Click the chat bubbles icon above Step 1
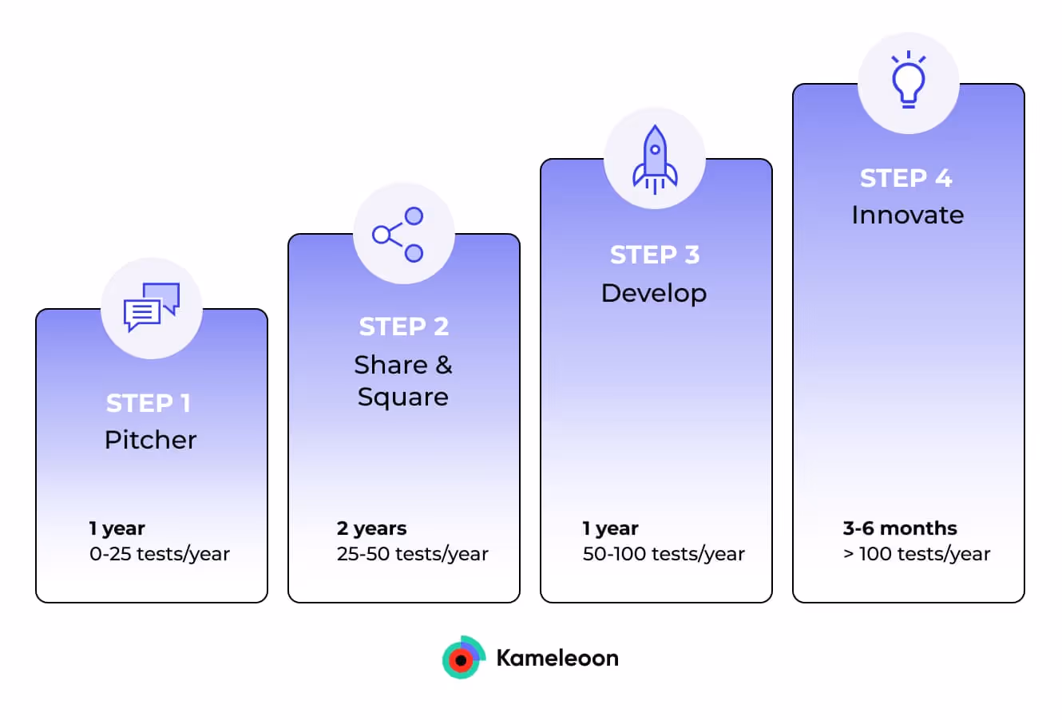(x=152, y=307)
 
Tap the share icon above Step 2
(x=398, y=235)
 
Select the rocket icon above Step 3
(x=655, y=160)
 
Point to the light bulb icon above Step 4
(x=908, y=81)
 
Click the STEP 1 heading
(x=149, y=403)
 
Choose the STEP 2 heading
(x=403, y=326)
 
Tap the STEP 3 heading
(x=655, y=255)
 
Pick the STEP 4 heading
(x=906, y=178)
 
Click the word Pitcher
(x=150, y=440)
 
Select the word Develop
(x=654, y=293)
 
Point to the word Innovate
(x=907, y=215)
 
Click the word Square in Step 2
(x=402, y=398)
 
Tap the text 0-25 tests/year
(x=160, y=554)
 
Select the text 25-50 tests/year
(x=412, y=554)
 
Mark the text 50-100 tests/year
(x=664, y=554)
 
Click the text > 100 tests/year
(x=917, y=554)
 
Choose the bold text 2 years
(x=371, y=528)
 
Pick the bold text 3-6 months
(x=900, y=528)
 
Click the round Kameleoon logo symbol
(x=463, y=658)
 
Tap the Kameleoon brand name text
(x=557, y=658)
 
